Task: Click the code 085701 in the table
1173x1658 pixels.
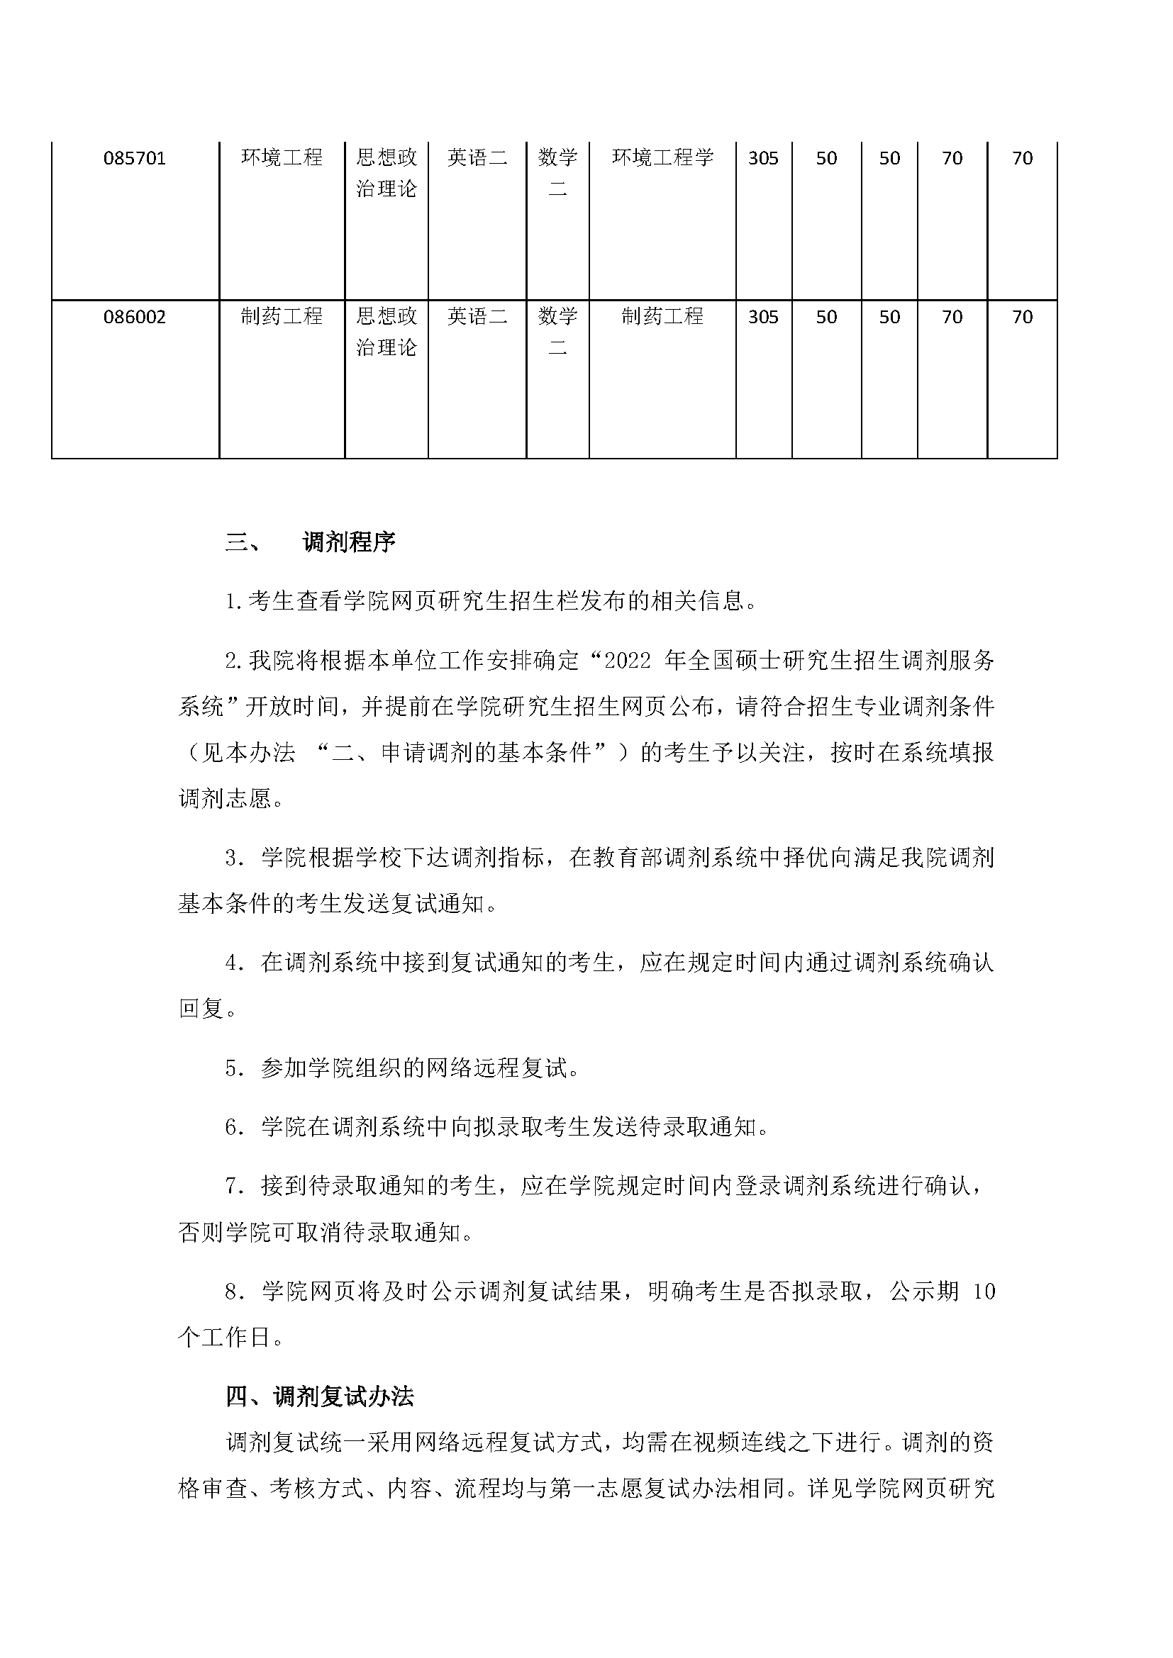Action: tap(135, 158)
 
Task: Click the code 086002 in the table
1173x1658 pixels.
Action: tap(135, 317)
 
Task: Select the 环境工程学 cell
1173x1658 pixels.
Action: tap(662, 157)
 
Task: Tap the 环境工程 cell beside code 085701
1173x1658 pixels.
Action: tap(282, 157)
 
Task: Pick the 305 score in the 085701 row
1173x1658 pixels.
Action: tap(764, 158)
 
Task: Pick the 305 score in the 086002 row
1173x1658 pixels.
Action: tap(764, 317)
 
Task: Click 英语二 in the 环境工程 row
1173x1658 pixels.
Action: tap(477, 157)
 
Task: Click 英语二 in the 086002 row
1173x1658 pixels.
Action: tap(477, 316)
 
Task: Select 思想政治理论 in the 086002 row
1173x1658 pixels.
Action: tap(387, 332)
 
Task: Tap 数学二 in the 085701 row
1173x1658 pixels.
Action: tap(557, 173)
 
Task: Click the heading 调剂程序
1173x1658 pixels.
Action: tap(349, 542)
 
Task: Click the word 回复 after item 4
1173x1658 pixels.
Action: tap(201, 1009)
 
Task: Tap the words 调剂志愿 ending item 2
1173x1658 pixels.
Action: tap(224, 799)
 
